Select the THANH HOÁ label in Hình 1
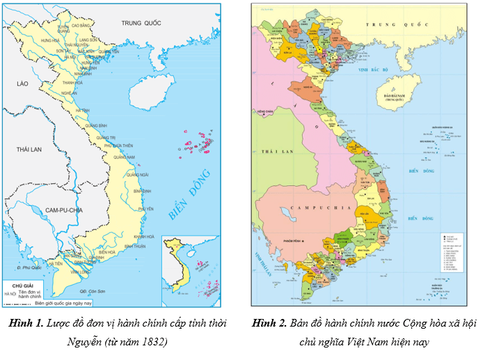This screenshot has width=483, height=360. [x=72, y=82]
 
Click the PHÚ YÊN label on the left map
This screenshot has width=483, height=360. [x=145, y=209]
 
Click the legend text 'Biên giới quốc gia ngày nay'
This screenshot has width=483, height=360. [x=63, y=303]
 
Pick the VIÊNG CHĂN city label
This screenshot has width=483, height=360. [x=264, y=112]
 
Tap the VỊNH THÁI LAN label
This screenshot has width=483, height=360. [x=265, y=260]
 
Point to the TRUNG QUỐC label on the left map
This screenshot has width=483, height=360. [x=141, y=23]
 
